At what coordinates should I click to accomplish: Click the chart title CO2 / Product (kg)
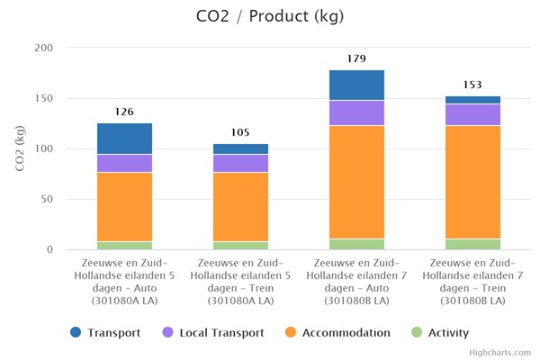(x=269, y=16)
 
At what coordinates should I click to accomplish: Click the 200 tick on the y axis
(x=43, y=48)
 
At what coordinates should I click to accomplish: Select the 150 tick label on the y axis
(x=43, y=98)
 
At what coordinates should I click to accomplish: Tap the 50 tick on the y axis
(x=46, y=199)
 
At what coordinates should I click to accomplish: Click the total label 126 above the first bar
(x=124, y=112)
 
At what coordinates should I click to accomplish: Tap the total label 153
(x=472, y=85)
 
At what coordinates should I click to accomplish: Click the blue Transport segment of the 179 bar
(x=356, y=85)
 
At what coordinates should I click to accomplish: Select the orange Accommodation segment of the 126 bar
(x=124, y=206)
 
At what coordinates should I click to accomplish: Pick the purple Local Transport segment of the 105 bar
(x=240, y=163)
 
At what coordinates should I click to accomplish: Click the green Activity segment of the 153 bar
(x=472, y=244)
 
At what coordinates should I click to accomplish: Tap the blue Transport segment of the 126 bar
(x=124, y=139)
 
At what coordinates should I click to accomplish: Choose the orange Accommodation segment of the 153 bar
(x=472, y=182)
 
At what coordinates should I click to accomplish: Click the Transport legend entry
(x=105, y=332)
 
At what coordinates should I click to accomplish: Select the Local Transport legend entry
(x=212, y=332)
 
